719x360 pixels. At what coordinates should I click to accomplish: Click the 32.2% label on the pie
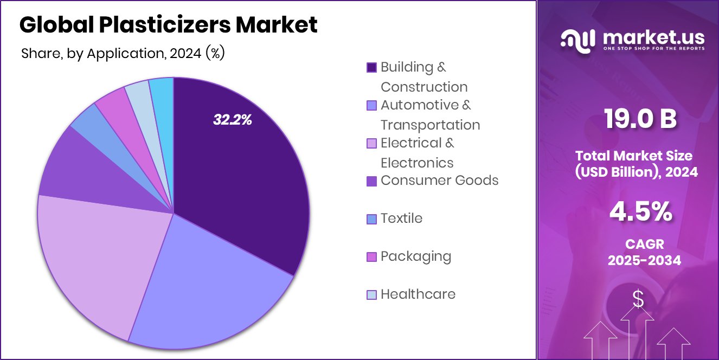point(232,120)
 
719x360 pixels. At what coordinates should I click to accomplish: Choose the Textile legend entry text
point(401,218)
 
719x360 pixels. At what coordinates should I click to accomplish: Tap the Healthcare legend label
point(418,294)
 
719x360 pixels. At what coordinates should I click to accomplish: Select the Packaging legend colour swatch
point(371,257)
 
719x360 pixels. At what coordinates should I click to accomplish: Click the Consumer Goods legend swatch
point(371,181)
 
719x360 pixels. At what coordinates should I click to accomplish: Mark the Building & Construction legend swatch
point(371,68)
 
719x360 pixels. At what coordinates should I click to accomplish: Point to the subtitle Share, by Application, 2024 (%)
point(123,53)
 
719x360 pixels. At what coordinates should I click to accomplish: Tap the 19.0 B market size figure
point(640,119)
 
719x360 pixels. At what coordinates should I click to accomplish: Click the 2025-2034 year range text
point(644,260)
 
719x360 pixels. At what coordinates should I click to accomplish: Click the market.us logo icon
point(578,41)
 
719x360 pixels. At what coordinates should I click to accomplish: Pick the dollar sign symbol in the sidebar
point(638,299)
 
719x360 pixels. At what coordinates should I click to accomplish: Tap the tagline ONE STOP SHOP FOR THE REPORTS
point(653,48)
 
